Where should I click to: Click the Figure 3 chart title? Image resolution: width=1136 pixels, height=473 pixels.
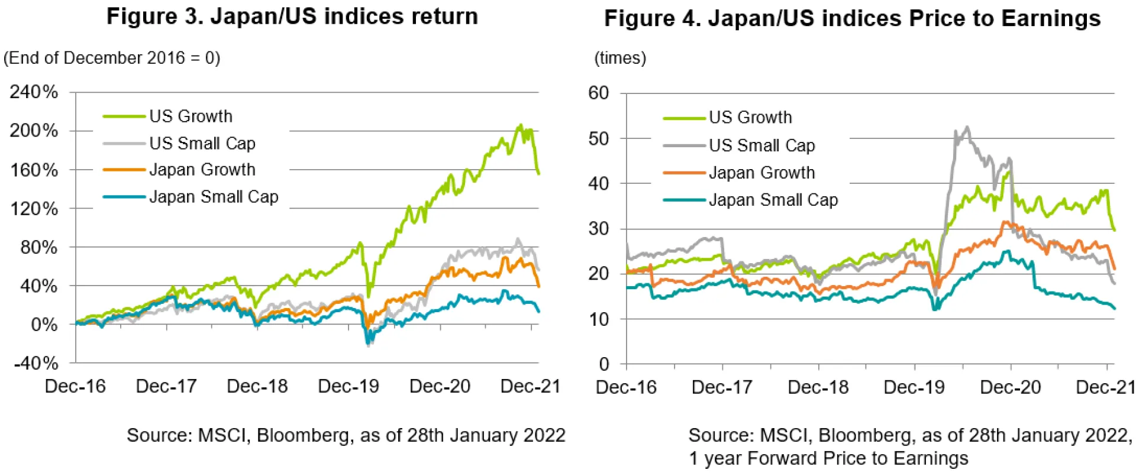coord(292,17)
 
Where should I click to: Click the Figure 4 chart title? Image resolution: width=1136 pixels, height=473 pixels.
coord(852,18)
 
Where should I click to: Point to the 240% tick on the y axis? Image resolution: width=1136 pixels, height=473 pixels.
coord(34,92)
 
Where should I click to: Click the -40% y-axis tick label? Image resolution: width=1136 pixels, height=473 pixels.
coord(35,363)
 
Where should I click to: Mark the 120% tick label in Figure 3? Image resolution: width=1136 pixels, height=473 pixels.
coord(34,209)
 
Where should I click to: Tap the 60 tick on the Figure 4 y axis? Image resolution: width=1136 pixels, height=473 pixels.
coord(598,93)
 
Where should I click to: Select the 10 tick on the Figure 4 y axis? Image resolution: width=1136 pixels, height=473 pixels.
coord(598,319)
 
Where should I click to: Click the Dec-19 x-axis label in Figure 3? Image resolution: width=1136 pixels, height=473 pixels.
coord(348,387)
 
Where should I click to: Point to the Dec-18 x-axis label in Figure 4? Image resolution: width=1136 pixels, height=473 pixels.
coord(818,388)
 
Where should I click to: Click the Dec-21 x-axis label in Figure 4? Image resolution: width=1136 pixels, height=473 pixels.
coord(1104,388)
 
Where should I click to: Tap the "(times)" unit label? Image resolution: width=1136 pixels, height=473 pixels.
coord(620,58)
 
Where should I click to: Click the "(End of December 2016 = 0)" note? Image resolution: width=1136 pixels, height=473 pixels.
coord(112,58)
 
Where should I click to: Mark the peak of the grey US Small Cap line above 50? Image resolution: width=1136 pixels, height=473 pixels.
coord(967,127)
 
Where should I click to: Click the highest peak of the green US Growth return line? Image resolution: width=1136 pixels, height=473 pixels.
coord(521,125)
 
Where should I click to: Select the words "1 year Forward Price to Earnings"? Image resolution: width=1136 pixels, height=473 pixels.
coord(828,459)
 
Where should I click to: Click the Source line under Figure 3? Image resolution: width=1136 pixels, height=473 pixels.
coord(346,436)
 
